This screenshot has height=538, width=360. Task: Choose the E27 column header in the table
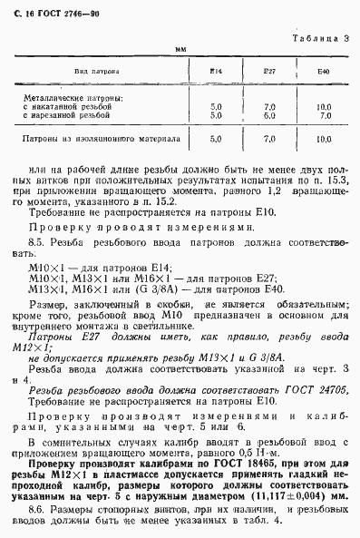point(268,70)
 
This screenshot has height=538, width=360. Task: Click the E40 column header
point(325,70)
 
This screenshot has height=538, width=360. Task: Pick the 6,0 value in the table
point(268,114)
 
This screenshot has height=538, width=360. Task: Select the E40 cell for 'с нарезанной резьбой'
point(325,114)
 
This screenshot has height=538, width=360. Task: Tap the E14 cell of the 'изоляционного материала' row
point(216,141)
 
